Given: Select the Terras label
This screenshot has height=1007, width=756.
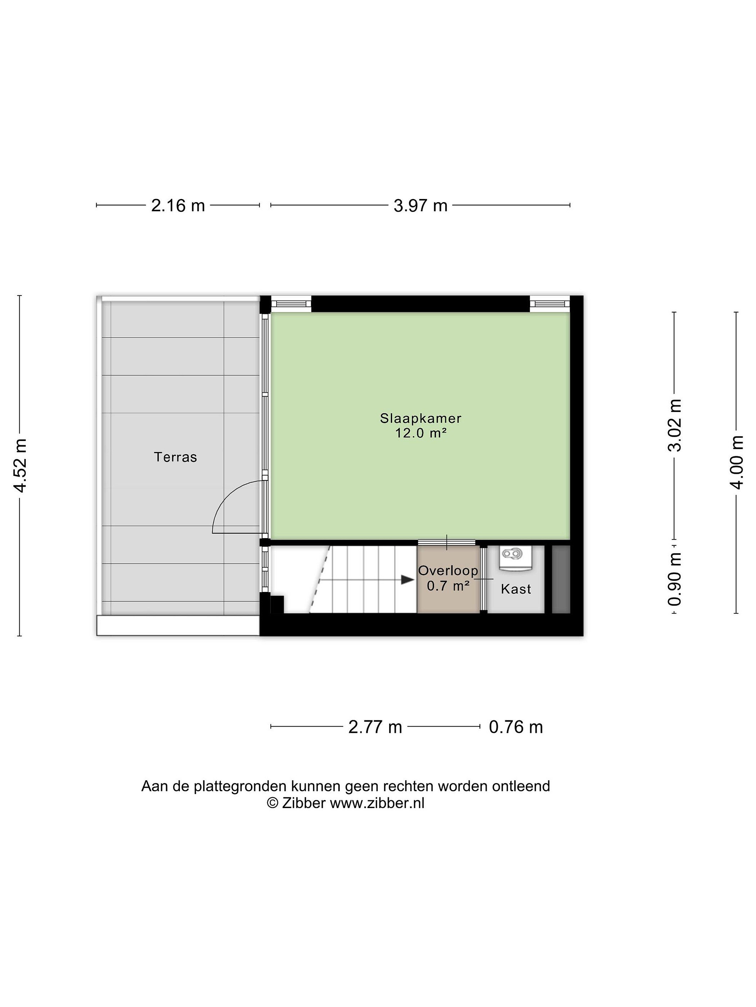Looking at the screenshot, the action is click(175, 457).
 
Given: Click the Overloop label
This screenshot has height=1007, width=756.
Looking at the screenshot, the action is click(448, 570).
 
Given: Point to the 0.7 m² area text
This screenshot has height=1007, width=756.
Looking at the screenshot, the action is click(448, 585).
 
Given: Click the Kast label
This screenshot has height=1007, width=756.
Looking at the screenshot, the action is click(516, 589).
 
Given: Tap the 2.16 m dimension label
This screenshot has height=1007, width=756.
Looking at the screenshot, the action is click(178, 206).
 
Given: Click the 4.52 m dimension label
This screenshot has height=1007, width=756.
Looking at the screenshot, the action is click(21, 466).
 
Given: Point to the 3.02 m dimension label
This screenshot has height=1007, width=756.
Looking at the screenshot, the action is click(674, 425).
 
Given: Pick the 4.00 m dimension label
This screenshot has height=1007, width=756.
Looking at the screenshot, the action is click(737, 463).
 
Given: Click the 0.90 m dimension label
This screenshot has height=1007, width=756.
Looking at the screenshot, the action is click(674, 579).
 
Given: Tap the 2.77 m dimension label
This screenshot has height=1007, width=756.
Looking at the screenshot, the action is click(375, 727).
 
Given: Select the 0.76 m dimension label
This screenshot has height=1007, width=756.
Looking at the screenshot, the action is click(516, 727).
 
